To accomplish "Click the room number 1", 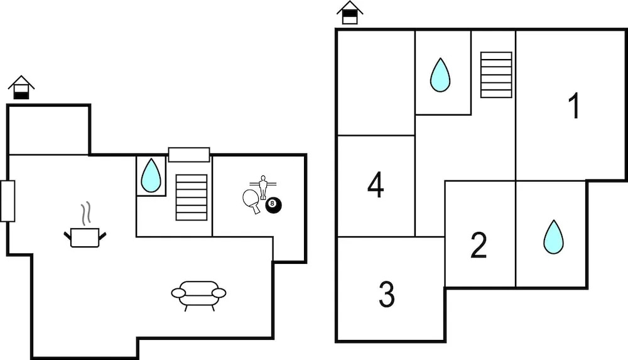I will [x=574, y=106].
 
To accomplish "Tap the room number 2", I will [x=479, y=246].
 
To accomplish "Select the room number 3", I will [x=387, y=293].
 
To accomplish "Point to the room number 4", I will [x=376, y=185].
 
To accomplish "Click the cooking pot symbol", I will [x=85, y=237].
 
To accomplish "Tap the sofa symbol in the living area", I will [x=198, y=294].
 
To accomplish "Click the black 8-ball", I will [x=273, y=205].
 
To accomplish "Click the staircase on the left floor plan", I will [x=192, y=197].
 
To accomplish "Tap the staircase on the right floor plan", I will [x=496, y=75].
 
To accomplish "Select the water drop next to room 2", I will [x=553, y=237].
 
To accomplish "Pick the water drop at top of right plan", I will [x=440, y=75].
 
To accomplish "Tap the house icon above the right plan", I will [x=350, y=13].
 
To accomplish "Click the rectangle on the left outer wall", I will [x=8, y=201].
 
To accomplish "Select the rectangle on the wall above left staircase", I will [x=189, y=155].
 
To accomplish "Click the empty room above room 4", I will [x=376, y=82].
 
